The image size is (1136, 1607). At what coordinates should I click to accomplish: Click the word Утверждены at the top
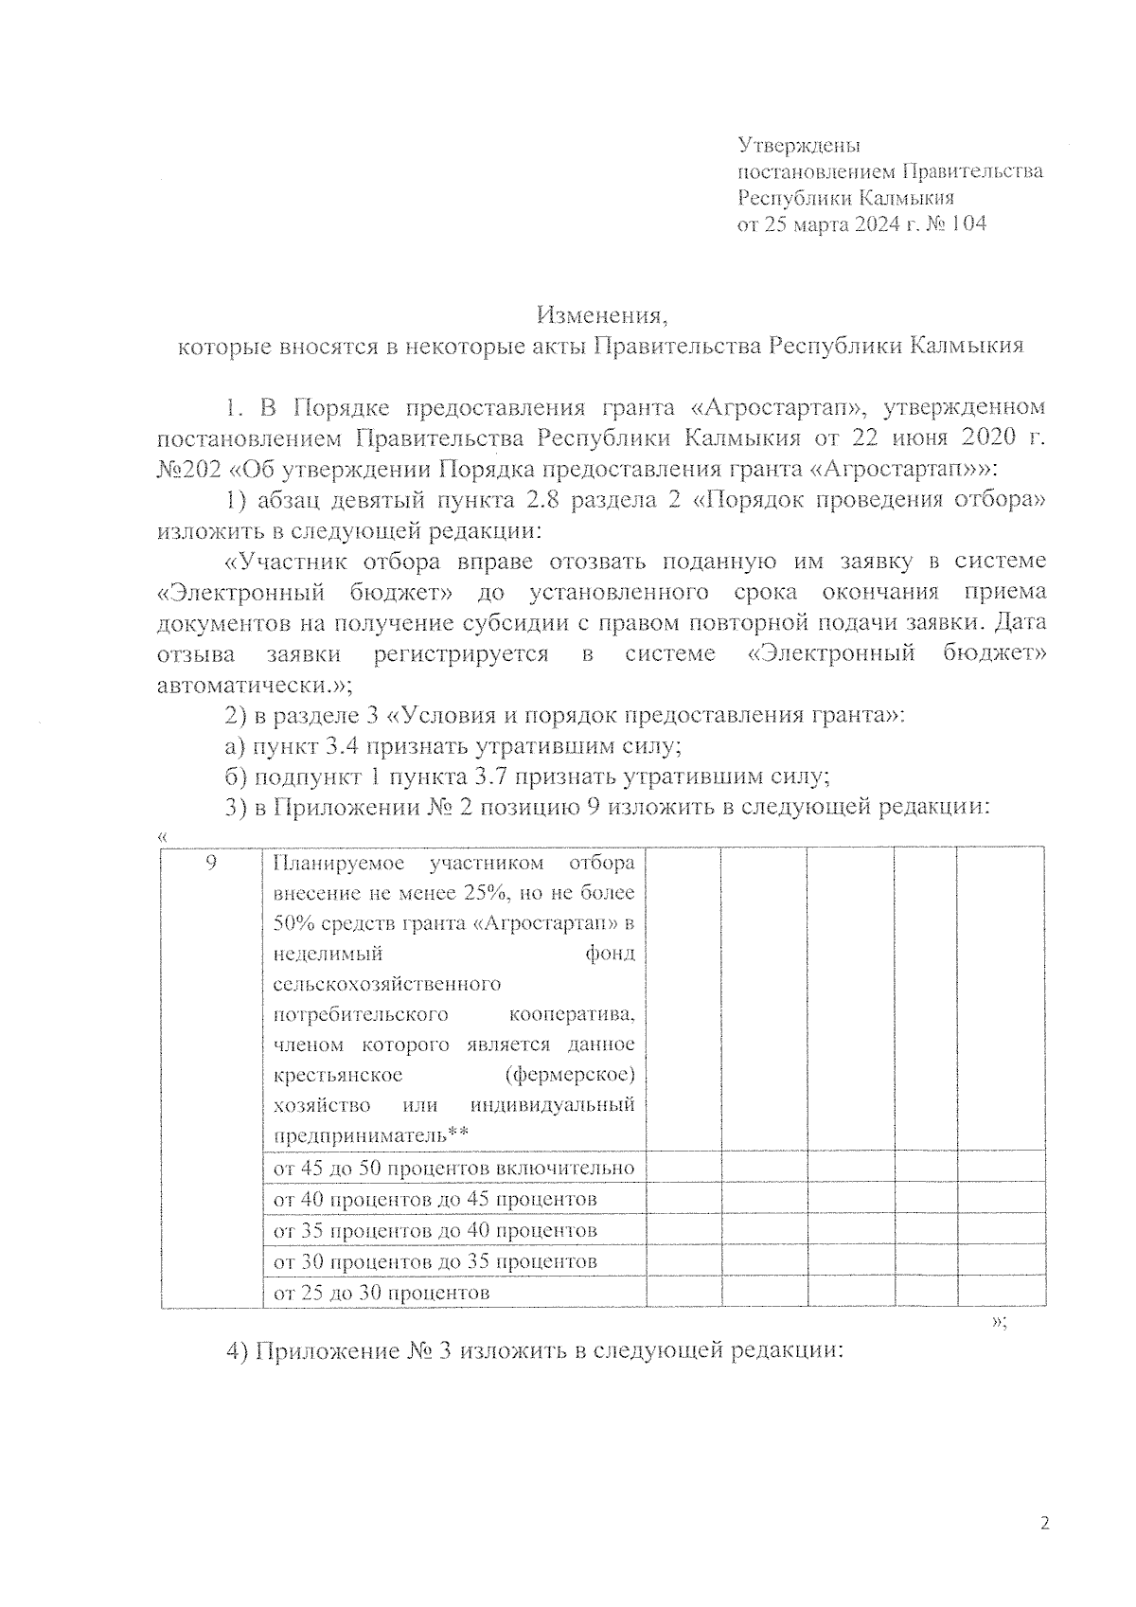coord(798,146)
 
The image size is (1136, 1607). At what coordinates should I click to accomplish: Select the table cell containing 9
coord(212,863)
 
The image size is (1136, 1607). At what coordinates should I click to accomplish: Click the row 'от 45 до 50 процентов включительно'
coord(453,1169)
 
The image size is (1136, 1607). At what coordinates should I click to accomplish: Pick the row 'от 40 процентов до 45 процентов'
coord(435,1200)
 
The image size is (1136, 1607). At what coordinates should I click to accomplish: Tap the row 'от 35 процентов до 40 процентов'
coord(435,1231)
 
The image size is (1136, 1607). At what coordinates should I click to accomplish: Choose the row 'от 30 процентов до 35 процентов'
coord(435,1261)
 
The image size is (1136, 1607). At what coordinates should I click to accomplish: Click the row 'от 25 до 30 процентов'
coord(381,1293)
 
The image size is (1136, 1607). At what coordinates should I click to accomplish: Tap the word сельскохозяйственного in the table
coord(386,984)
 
